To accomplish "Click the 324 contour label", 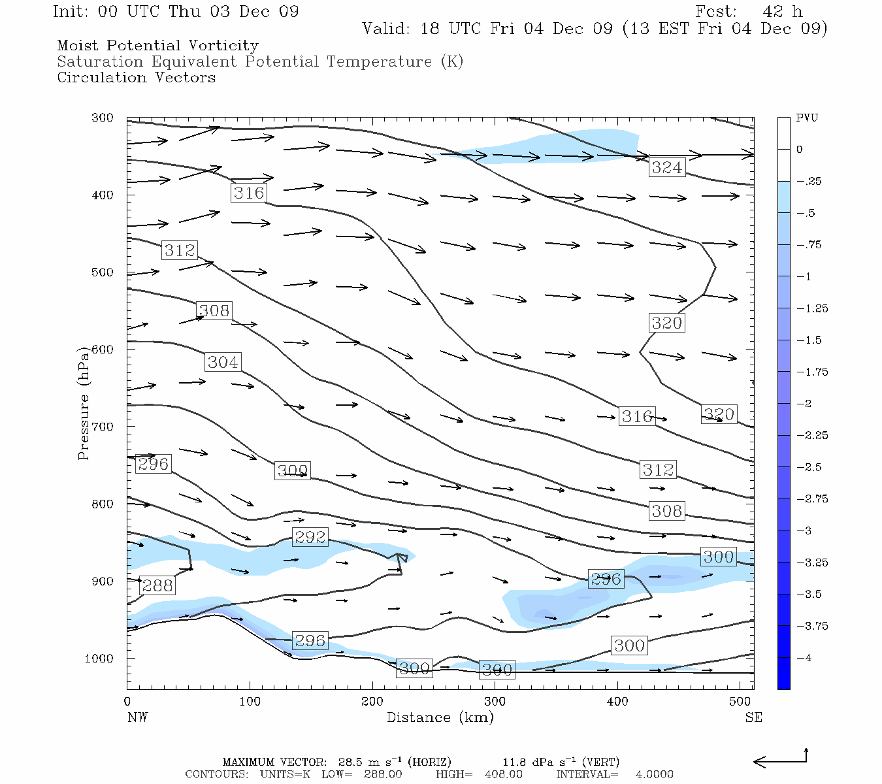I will (666, 167).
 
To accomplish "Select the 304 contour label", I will (223, 362).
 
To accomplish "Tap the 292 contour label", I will (310, 537).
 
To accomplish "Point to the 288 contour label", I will (157, 585).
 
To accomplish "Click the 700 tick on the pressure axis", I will (102, 427).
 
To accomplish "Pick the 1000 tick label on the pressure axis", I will (99, 659).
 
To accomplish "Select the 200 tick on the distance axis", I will (372, 702).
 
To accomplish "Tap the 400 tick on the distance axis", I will (617, 702).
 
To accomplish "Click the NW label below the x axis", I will (137, 717).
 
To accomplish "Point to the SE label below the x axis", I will (753, 717).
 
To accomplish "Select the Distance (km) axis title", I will (440, 717).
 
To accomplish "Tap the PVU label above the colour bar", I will (807, 118).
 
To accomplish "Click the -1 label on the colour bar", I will (804, 276).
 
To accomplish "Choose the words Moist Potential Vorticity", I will (157, 46).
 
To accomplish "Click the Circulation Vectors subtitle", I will (136, 77).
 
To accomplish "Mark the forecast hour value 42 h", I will (782, 12).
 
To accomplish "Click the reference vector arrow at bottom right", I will (781, 760).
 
